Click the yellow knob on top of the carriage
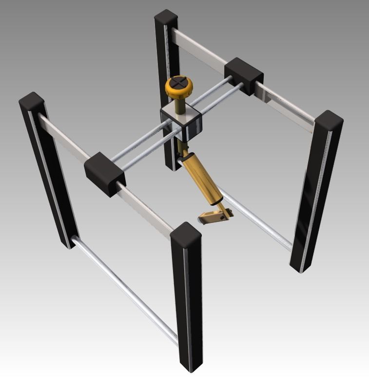[179, 88]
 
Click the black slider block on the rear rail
[244, 76]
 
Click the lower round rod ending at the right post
[258, 219]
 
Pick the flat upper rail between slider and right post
[288, 105]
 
